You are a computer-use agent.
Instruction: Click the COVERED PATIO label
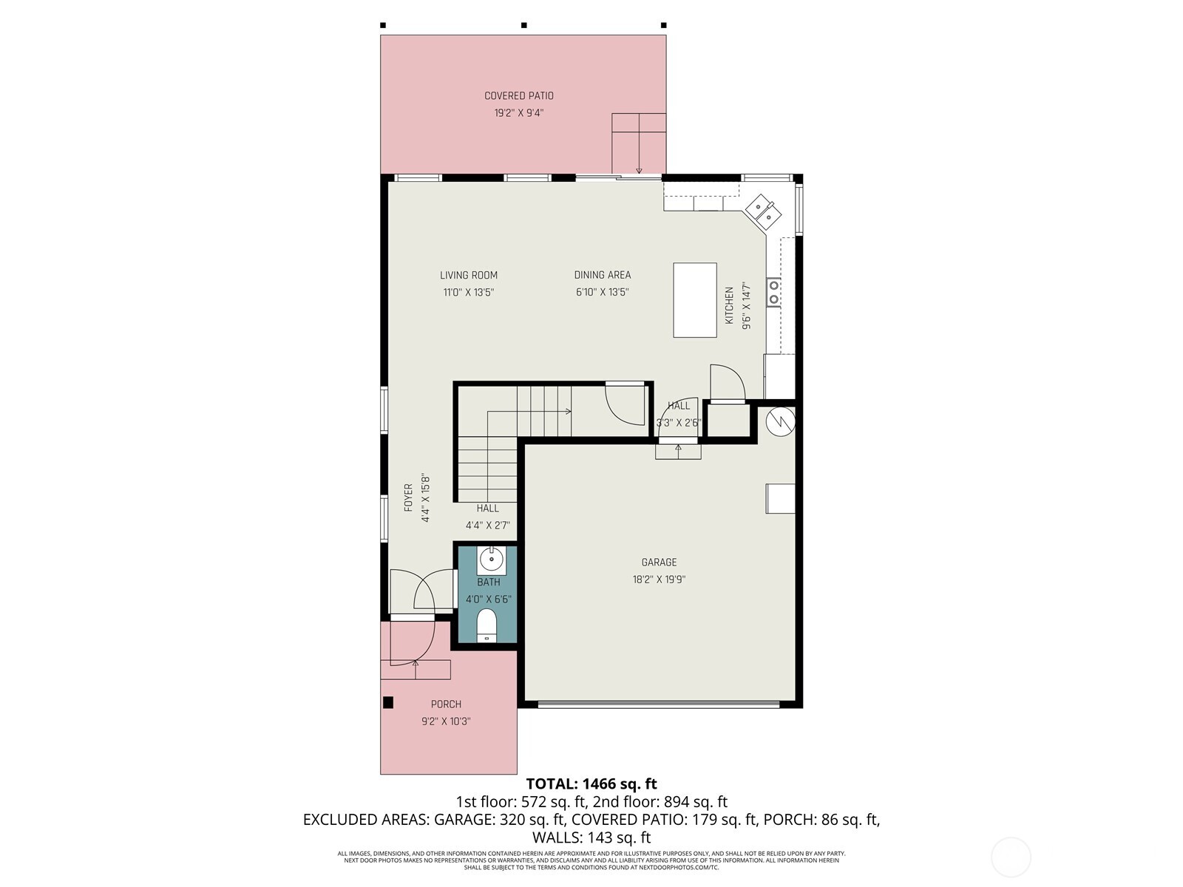[518, 95]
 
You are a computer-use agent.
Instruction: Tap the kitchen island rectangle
[694, 300]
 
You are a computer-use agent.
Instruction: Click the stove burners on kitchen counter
[773, 291]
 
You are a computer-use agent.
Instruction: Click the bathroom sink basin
[491, 559]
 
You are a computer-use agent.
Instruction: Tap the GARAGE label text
[659, 563]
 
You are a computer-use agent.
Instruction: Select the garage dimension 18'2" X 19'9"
[659, 580]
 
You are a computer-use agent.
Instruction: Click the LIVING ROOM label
[469, 275]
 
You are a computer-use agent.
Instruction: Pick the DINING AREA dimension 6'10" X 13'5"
[602, 292]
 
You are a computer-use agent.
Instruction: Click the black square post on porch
[388, 703]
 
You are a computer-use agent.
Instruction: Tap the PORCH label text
[446, 704]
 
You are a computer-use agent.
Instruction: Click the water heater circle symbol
[779, 421]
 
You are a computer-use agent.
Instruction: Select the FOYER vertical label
[408, 498]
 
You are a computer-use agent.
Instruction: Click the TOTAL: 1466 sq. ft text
[591, 784]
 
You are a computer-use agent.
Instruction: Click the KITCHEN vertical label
[730, 305]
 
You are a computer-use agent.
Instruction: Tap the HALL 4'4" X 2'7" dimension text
[487, 526]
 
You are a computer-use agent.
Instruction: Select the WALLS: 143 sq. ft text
[591, 837]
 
